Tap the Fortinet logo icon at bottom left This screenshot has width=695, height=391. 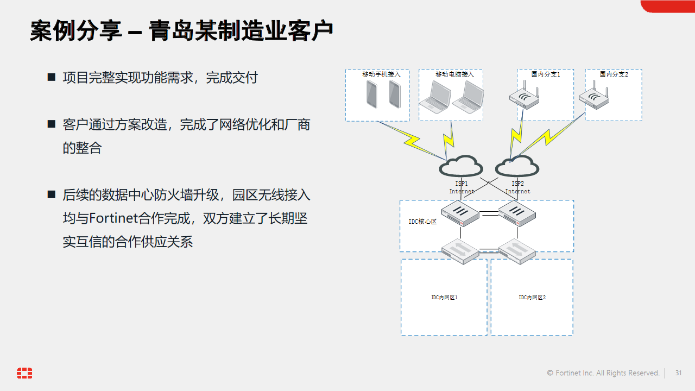[x=24, y=373]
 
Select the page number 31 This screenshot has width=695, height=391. [x=678, y=373]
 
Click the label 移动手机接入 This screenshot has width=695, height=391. [x=381, y=74]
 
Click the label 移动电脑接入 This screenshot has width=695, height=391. [x=454, y=74]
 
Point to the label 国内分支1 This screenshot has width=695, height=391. [x=546, y=74]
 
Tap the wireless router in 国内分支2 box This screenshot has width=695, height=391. [x=593, y=98]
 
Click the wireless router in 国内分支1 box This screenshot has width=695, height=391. [x=524, y=98]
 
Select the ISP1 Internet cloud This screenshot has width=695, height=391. [x=461, y=166]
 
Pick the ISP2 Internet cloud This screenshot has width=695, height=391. [x=517, y=166]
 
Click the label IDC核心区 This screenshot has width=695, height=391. [x=422, y=222]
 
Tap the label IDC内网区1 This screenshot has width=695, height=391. [x=444, y=298]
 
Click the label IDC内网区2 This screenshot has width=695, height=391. [x=532, y=298]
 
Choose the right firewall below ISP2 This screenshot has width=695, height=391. [x=517, y=213]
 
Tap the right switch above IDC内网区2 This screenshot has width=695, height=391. [x=517, y=251]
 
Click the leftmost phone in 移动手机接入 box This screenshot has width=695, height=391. [x=372, y=94]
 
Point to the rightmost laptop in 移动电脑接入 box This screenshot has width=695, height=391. [x=468, y=96]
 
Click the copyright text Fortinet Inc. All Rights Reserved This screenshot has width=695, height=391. [x=603, y=373]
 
